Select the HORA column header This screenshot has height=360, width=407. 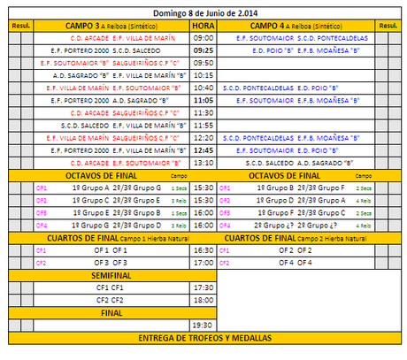(203, 26)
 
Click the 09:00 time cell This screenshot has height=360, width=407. (203, 38)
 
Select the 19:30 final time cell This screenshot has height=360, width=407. (203, 326)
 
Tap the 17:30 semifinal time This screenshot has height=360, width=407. (203, 287)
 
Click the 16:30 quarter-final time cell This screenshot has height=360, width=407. (203, 250)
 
